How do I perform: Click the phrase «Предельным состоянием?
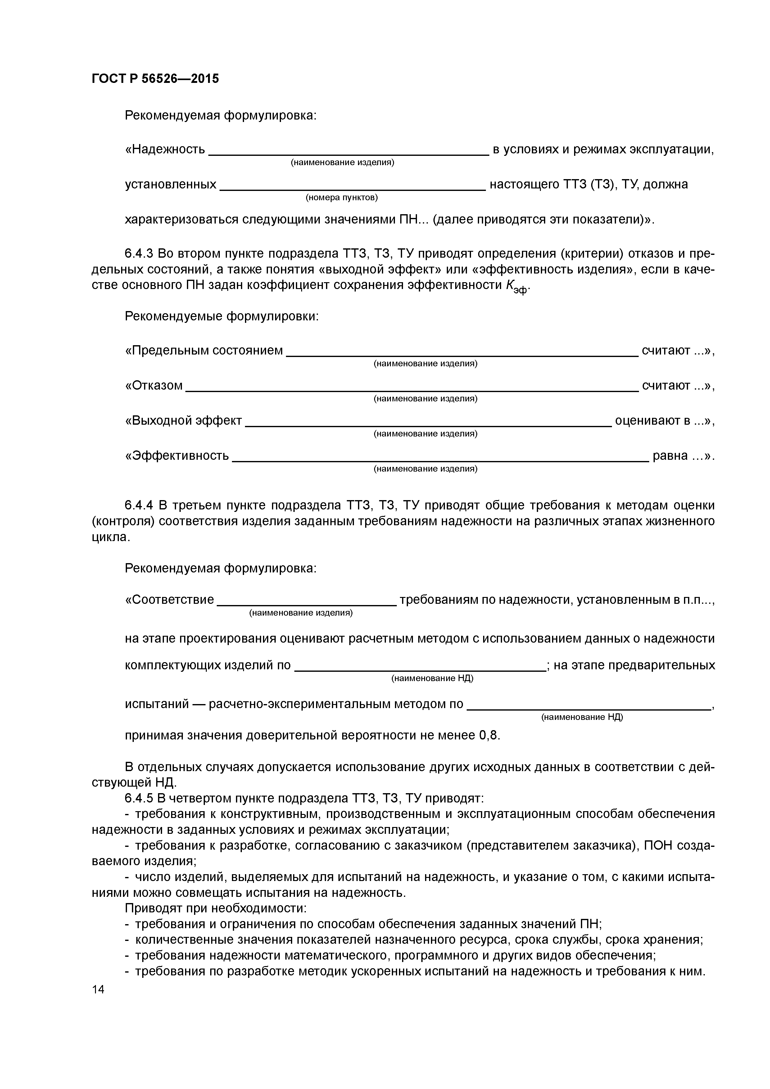(204, 350)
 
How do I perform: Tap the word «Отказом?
(154, 386)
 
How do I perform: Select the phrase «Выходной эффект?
(183, 421)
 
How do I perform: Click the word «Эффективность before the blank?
(177, 456)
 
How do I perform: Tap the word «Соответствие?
(170, 599)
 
